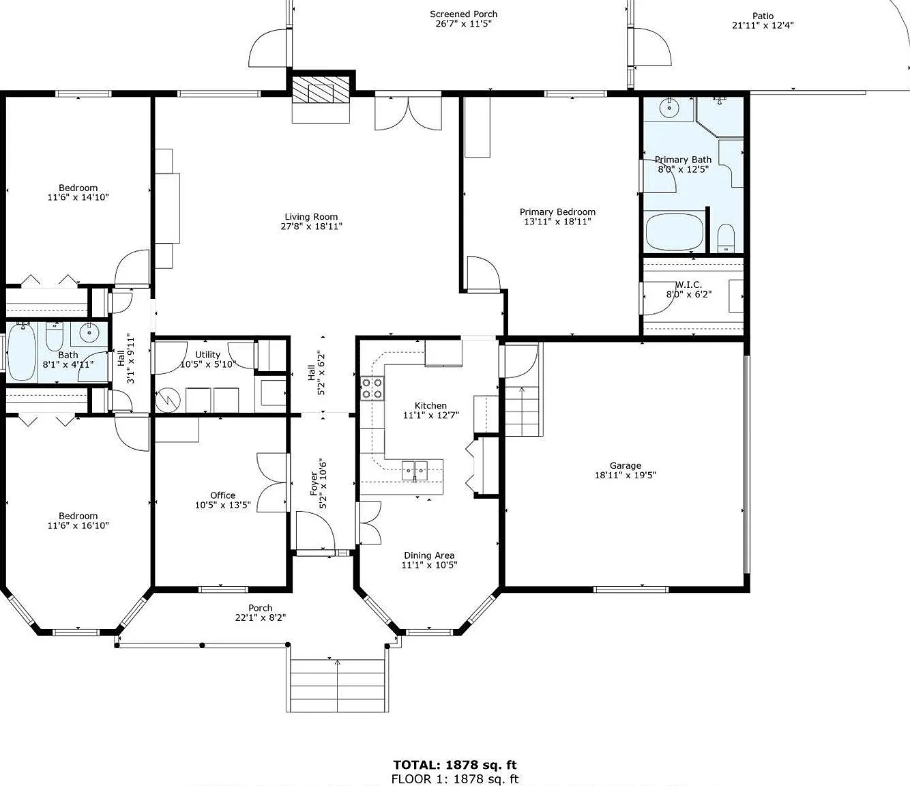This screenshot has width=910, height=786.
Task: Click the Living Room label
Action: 311,217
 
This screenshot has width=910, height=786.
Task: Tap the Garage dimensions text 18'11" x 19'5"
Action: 625,475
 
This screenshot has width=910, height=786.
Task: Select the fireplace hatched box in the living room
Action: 321,90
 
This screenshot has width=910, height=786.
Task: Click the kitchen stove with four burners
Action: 372,388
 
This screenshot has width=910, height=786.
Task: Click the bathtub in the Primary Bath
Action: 675,231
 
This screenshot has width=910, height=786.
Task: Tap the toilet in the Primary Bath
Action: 726,238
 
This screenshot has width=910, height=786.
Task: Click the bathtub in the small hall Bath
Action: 22,352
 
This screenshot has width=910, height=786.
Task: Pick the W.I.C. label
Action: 688,285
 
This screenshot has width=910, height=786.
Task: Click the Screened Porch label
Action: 464,14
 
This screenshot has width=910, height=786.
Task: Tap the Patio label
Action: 763,16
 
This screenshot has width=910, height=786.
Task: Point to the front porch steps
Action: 337,685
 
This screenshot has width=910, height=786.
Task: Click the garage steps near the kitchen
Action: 522,411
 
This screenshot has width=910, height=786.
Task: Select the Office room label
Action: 223,495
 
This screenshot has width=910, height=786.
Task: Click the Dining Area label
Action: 429,555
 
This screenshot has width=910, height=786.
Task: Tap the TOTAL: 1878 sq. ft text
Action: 455,765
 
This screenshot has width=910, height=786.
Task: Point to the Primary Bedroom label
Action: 557,212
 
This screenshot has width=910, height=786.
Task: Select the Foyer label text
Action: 314,484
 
